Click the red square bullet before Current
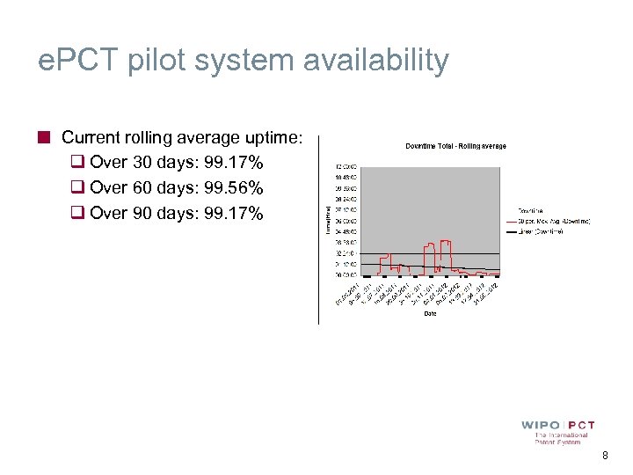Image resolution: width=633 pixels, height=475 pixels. click(x=43, y=137)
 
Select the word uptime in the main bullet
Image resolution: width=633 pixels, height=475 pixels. click(x=271, y=138)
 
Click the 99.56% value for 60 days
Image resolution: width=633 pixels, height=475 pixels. click(x=233, y=187)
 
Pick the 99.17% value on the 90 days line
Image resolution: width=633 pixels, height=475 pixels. click(x=233, y=212)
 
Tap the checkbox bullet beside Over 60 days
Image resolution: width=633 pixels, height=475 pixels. click(x=76, y=187)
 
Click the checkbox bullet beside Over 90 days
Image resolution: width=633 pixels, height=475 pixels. click(x=76, y=212)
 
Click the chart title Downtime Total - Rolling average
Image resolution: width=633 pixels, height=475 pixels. click(x=455, y=146)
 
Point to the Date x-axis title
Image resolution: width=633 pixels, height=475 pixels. click(x=430, y=313)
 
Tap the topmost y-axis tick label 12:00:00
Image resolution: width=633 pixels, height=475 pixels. click(x=346, y=165)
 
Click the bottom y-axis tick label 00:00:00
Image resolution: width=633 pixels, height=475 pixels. click(x=346, y=275)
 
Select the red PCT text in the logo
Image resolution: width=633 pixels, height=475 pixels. click(x=581, y=425)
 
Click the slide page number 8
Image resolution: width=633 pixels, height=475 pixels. click(x=605, y=456)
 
